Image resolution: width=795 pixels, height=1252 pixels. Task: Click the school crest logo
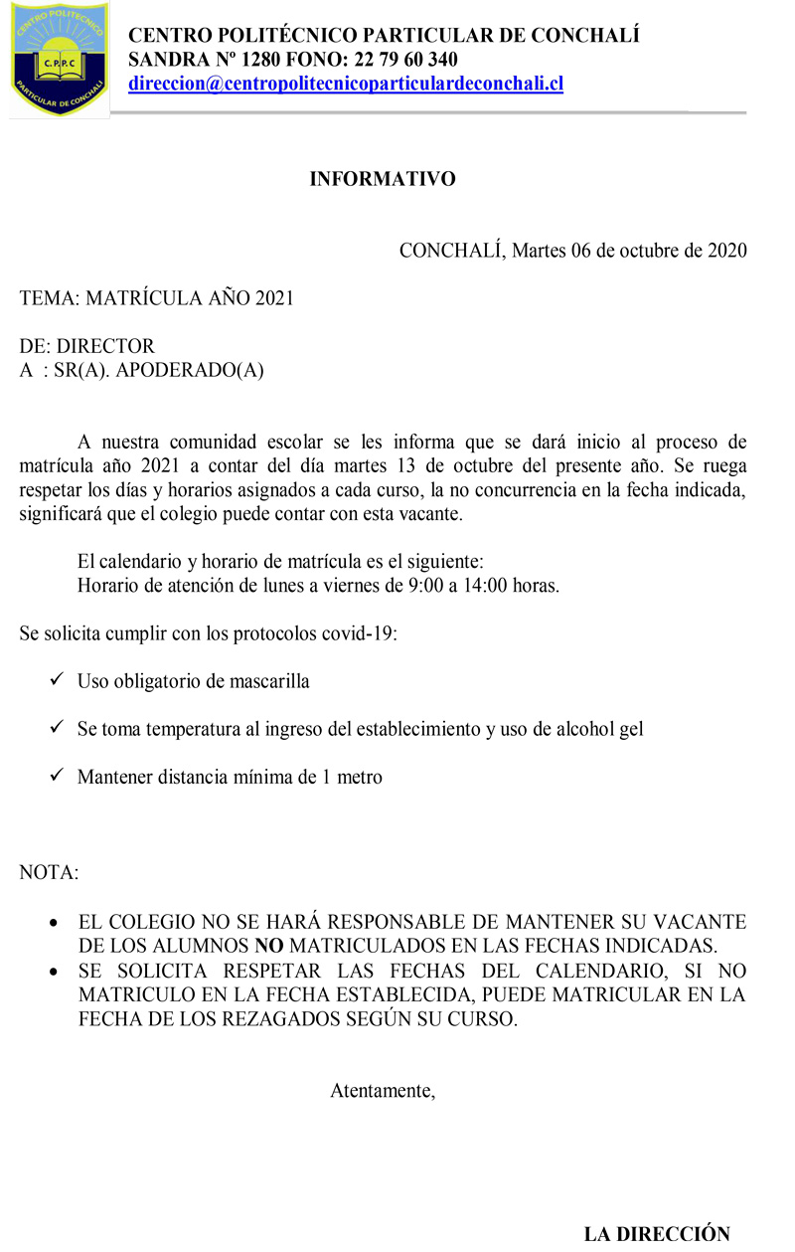[59, 60]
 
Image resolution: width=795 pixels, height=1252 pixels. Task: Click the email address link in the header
[346, 84]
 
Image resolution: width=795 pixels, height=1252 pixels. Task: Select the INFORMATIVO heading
[383, 179]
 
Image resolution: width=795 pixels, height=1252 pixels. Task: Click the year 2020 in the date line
[726, 250]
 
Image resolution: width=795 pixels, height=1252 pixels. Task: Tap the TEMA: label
[50, 298]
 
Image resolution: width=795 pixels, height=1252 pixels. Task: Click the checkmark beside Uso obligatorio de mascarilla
[57, 681]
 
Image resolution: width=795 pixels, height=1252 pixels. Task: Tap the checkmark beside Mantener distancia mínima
[57, 777]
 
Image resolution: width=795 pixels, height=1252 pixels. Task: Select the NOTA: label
[49, 873]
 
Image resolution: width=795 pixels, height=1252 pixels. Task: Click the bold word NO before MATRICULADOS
[269, 945]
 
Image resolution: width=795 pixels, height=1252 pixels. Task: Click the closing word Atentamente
[383, 1090]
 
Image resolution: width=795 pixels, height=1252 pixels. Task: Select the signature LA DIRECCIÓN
[657, 1234]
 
